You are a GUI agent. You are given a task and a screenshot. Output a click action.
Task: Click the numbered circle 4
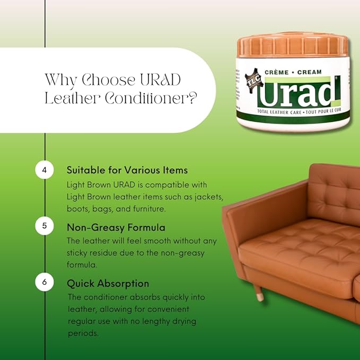click(x=45, y=170)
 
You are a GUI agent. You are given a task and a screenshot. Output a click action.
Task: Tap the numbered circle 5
click(x=45, y=226)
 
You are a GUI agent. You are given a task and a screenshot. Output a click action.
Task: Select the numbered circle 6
click(x=45, y=282)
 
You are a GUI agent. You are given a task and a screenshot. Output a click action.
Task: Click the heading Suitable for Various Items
click(x=127, y=170)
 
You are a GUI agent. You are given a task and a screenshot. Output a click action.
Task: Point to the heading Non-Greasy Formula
click(x=116, y=227)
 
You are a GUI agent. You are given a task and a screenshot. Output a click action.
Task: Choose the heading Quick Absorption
click(x=108, y=284)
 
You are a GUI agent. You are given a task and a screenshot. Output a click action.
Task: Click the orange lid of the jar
click(x=293, y=46)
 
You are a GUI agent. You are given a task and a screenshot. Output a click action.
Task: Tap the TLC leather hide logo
click(x=253, y=81)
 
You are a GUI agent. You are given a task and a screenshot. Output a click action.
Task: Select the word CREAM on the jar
click(x=310, y=72)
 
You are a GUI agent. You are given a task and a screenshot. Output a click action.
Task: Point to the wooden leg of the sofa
click(x=258, y=293)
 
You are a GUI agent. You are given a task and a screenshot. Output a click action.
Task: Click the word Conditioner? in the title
click(x=151, y=98)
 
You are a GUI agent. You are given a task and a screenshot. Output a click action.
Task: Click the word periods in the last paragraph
click(x=83, y=333)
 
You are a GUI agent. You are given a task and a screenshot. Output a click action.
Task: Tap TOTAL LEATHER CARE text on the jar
click(x=279, y=112)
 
